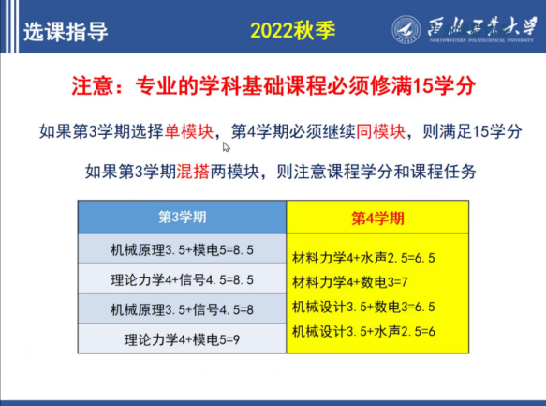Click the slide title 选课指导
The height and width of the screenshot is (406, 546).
(x=66, y=32)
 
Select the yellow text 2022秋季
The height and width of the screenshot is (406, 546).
(x=293, y=30)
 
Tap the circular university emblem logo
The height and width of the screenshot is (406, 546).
(x=406, y=30)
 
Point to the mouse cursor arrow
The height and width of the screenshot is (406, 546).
(x=227, y=147)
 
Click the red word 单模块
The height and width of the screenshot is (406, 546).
(x=189, y=131)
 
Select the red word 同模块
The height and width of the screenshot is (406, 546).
(x=381, y=131)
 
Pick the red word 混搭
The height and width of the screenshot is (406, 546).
(x=193, y=172)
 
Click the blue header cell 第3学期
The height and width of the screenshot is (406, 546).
(x=182, y=217)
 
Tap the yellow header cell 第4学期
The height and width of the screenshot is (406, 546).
(x=377, y=218)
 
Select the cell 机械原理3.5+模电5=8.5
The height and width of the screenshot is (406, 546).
(x=182, y=248)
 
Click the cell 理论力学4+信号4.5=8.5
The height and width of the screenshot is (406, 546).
(x=182, y=278)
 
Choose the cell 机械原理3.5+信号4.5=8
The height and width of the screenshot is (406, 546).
(x=182, y=308)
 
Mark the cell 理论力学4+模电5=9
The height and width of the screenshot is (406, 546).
(x=182, y=338)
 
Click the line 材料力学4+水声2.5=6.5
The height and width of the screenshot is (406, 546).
(x=363, y=258)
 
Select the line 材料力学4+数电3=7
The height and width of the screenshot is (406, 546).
(x=350, y=282)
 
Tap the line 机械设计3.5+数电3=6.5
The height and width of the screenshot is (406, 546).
(x=363, y=307)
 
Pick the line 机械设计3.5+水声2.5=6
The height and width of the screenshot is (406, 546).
(x=363, y=331)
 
